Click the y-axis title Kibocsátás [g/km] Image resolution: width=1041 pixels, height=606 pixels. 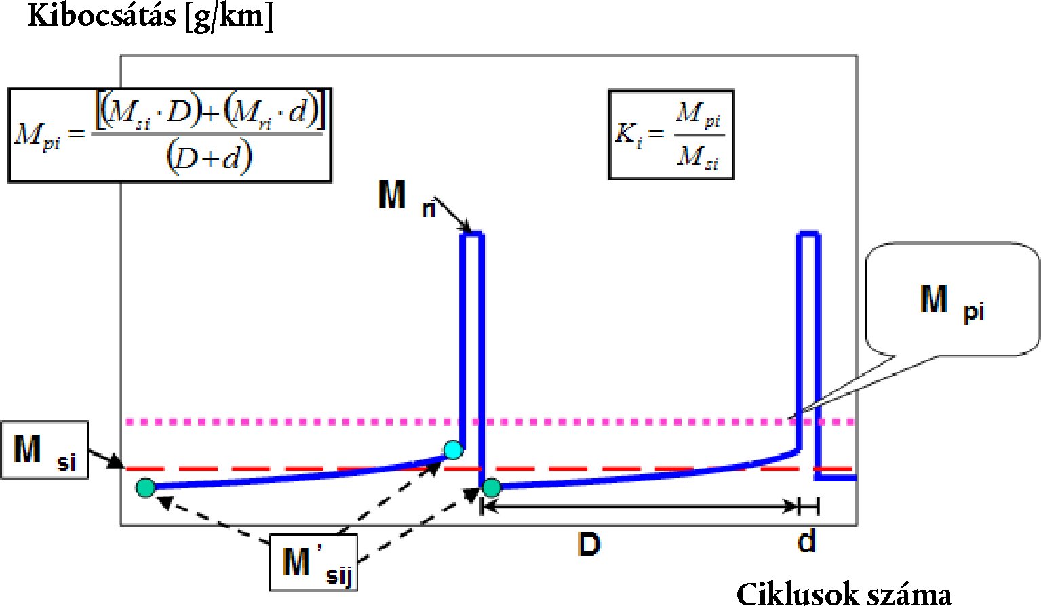point(150,16)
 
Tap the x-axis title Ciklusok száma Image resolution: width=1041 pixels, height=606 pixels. point(844,593)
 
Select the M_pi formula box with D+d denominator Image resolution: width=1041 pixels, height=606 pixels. point(170,136)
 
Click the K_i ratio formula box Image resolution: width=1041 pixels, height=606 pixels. point(671,134)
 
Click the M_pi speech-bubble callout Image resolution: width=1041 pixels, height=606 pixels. point(952,299)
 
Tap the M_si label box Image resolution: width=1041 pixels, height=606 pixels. point(45,450)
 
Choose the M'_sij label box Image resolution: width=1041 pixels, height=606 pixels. point(313,563)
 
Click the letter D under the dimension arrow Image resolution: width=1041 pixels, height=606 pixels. point(589,544)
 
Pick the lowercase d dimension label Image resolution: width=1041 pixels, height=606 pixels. point(806,542)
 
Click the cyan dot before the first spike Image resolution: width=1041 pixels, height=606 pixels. point(453,449)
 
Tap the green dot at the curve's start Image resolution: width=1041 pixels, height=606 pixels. point(145,487)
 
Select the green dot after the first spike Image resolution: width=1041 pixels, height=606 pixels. point(492,487)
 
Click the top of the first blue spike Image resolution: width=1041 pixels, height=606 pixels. point(472,235)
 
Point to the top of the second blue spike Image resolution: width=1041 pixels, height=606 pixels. point(808,235)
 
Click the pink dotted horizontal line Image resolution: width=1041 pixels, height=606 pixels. point(610,422)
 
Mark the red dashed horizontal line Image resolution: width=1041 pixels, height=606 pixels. point(610,468)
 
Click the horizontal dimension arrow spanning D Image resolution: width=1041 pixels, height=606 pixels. point(637,506)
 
